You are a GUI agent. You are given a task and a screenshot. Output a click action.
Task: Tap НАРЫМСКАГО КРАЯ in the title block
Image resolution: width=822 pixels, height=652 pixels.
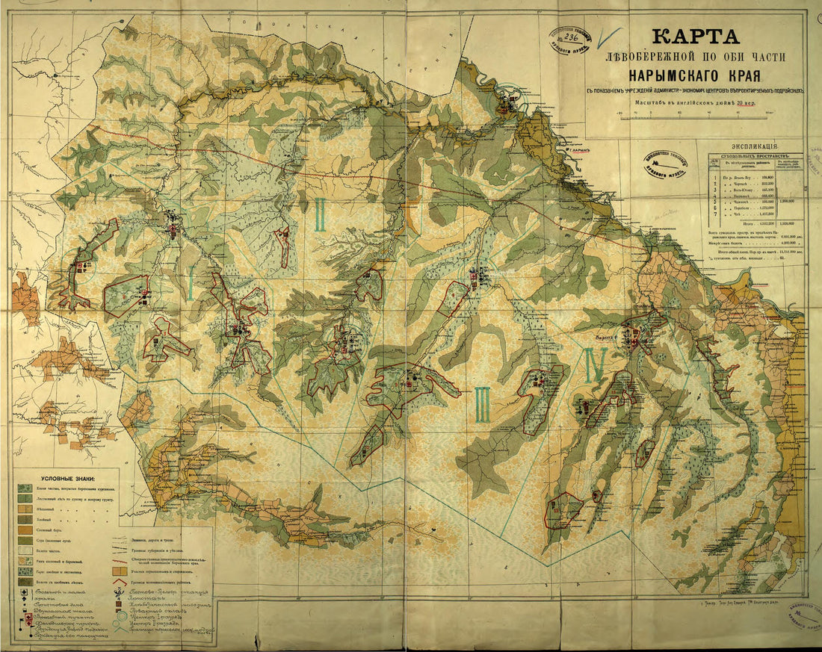pos(695,75)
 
